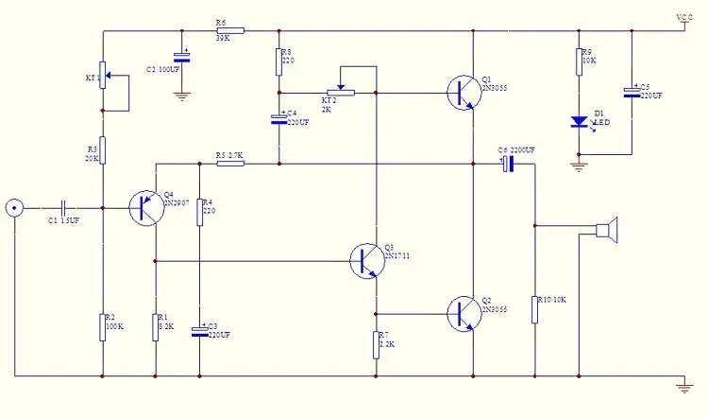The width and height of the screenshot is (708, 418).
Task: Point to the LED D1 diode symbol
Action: coord(580,122)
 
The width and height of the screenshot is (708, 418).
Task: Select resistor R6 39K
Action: coord(229,30)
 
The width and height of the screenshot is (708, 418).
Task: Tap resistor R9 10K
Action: coord(580,62)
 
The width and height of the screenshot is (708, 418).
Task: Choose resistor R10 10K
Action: coord(534,309)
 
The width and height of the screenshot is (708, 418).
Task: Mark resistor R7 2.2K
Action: coord(377,345)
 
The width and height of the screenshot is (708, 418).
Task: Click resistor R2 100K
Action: coord(102,326)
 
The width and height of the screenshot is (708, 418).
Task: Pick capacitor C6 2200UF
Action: coord(507,164)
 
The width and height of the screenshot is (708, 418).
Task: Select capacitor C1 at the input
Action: coord(63,207)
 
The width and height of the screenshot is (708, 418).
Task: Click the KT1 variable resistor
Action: coord(103,74)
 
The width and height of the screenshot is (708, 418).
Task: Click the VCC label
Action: coord(684,18)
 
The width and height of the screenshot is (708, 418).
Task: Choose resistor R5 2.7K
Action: coord(230,164)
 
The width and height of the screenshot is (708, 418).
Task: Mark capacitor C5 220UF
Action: coord(632,92)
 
